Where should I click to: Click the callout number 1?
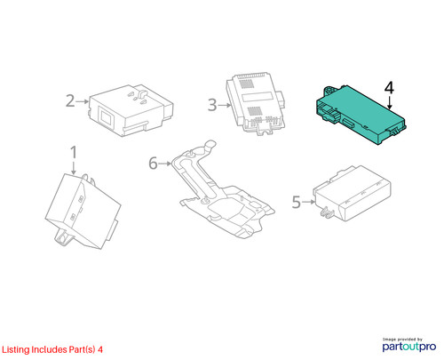tap(74, 152)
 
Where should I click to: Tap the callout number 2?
tap(70, 100)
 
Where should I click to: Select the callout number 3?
tap(212, 105)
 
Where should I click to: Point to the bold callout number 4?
tap(389, 88)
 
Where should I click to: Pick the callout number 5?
tap(297, 202)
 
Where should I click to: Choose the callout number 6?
tap(153, 164)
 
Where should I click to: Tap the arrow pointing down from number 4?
tap(390, 103)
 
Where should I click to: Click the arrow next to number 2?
tap(82, 101)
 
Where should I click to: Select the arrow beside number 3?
tap(225, 105)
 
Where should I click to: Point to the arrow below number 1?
tap(74, 168)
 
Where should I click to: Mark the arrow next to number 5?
tap(309, 202)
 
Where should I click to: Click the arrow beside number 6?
tap(165, 164)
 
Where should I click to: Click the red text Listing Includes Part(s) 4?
tap(52, 349)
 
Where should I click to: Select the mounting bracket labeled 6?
tap(224, 189)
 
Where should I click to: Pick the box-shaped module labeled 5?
tap(353, 193)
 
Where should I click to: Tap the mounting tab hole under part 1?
tap(62, 238)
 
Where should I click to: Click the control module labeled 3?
tap(255, 103)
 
